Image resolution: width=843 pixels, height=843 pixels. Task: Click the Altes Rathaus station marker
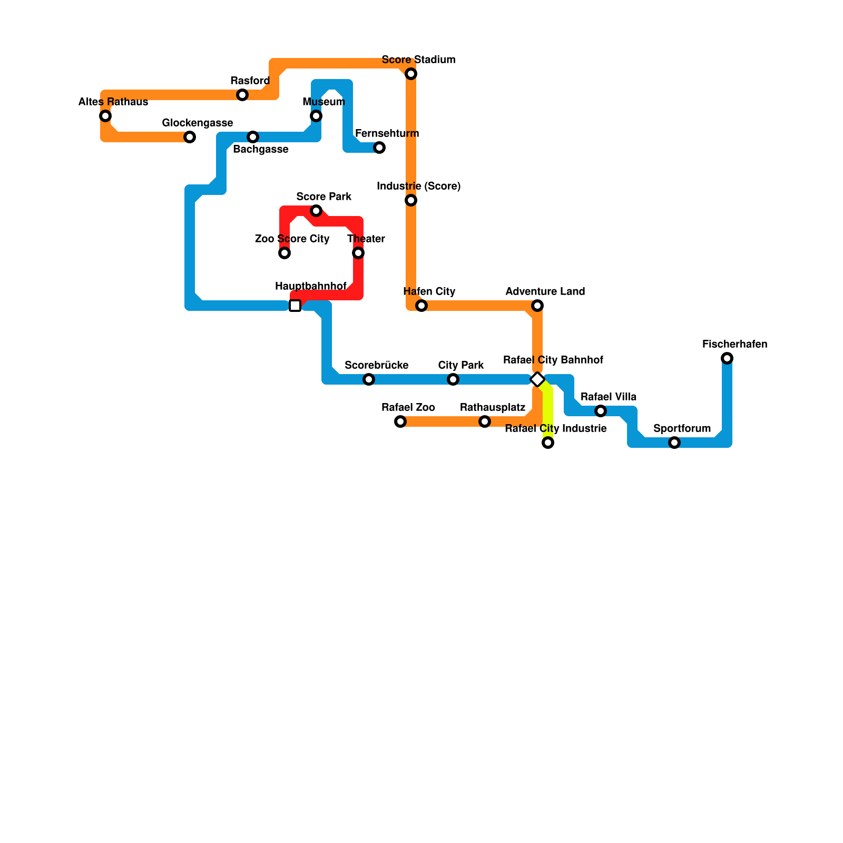(105, 116)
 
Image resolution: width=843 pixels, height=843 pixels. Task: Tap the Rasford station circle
(242, 95)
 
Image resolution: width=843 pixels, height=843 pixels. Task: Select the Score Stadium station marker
(411, 74)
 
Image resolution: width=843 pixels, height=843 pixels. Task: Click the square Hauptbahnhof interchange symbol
(295, 306)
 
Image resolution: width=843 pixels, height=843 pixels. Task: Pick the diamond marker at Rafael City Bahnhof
(537, 379)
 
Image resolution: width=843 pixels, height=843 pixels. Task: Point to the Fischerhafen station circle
(727, 358)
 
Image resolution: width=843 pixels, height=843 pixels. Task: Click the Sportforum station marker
(674, 443)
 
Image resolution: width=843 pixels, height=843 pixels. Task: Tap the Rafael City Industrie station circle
(548, 443)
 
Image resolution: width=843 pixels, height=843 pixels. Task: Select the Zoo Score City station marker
(285, 253)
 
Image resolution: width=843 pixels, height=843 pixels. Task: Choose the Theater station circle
(358, 253)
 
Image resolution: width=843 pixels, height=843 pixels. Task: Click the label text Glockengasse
(198, 123)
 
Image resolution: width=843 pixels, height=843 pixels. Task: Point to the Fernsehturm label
(387, 134)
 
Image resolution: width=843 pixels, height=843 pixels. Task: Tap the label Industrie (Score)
(419, 187)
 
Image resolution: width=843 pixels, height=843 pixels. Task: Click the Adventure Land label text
(545, 292)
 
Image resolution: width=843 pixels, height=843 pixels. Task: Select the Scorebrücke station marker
(369, 379)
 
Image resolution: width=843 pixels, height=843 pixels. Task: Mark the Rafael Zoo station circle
(400, 421)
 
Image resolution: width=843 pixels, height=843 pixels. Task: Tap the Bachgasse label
(261, 150)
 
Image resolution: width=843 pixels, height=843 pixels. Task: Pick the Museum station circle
(316, 116)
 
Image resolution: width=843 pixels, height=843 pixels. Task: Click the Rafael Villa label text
(609, 397)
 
